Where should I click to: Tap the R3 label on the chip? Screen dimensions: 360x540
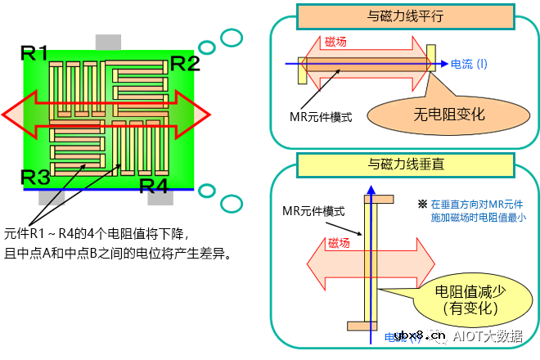click(x=36, y=177)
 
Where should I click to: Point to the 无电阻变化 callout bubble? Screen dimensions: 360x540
click(x=449, y=115)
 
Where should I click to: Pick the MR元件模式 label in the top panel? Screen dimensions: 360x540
click(x=321, y=117)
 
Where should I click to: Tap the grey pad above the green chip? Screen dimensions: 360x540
click(x=108, y=42)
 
